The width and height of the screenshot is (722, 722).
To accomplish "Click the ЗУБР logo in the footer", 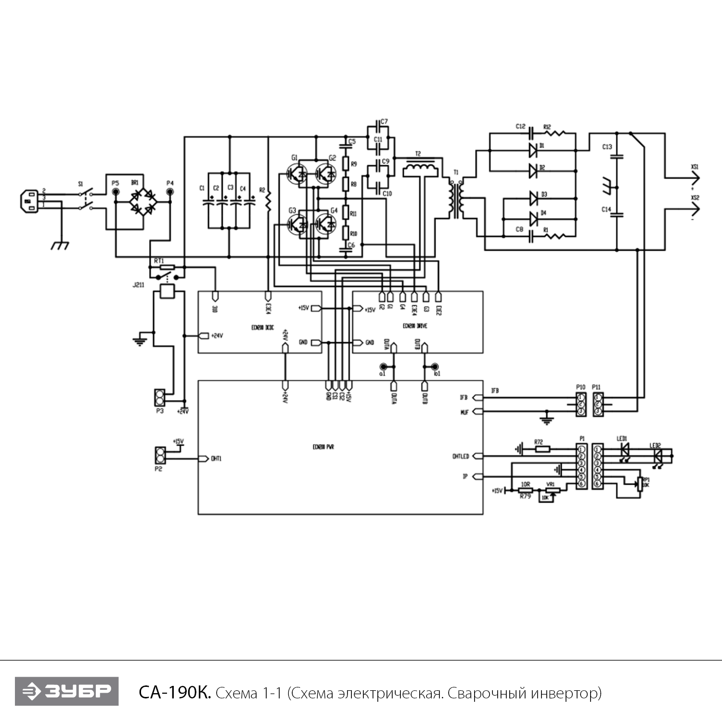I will (x=66, y=691).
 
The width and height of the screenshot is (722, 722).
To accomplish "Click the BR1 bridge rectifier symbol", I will (x=142, y=202).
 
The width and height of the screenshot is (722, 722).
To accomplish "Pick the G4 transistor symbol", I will (x=327, y=223).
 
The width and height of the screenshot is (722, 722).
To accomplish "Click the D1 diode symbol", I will (x=533, y=150).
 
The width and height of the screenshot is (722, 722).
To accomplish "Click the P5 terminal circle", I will (x=116, y=192).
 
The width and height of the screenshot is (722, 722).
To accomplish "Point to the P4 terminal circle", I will (x=170, y=192).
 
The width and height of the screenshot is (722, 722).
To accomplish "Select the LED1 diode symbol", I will (x=624, y=449).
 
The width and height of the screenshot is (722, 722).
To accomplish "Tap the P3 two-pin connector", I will (x=159, y=397).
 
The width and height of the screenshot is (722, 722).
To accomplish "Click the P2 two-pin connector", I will (x=159, y=455).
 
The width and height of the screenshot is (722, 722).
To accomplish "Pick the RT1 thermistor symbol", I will (x=167, y=267).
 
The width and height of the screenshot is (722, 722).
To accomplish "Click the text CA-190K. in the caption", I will (x=175, y=693).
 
